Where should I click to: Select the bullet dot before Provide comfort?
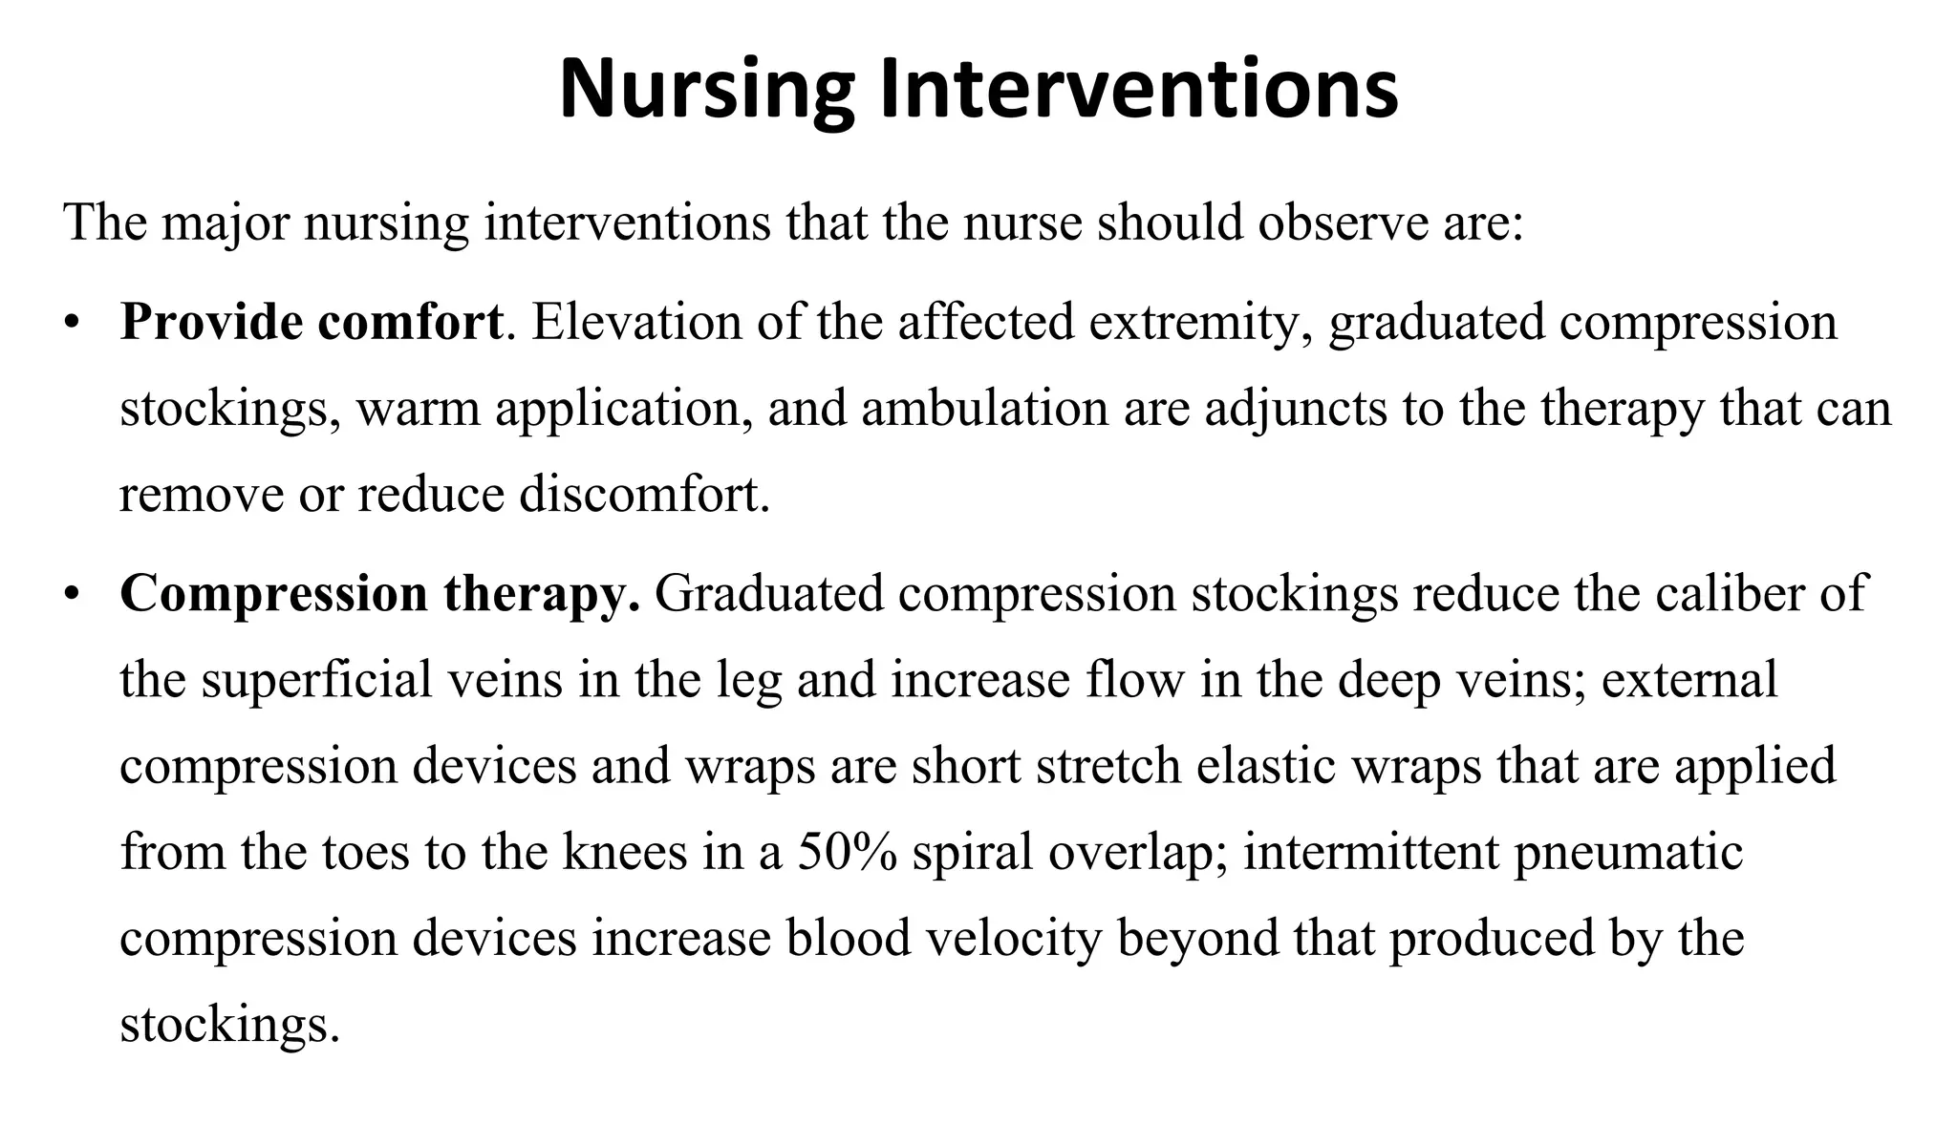coord(71,324)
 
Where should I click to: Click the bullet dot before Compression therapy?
coord(71,595)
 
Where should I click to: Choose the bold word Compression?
coord(273,594)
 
